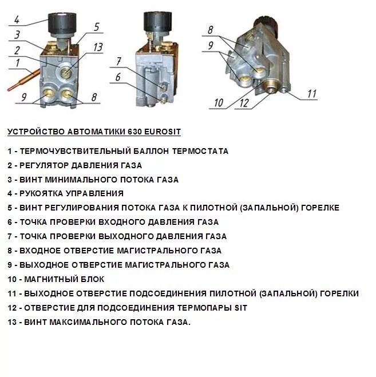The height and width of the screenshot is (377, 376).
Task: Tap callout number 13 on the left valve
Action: click(x=98, y=47)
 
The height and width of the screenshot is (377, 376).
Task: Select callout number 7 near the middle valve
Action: click(x=118, y=61)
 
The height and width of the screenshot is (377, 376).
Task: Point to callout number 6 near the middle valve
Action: click(x=118, y=77)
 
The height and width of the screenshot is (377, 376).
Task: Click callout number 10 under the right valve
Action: click(x=219, y=104)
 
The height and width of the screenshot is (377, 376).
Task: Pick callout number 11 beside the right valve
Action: click(x=312, y=94)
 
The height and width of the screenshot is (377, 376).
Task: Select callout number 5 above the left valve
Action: click(x=96, y=27)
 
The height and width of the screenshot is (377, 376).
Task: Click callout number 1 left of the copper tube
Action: click(x=18, y=62)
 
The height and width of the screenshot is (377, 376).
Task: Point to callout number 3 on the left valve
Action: click(x=17, y=35)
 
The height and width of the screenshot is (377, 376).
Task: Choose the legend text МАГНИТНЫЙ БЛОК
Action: click(x=64, y=280)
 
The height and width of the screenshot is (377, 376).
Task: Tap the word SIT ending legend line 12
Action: click(x=240, y=308)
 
